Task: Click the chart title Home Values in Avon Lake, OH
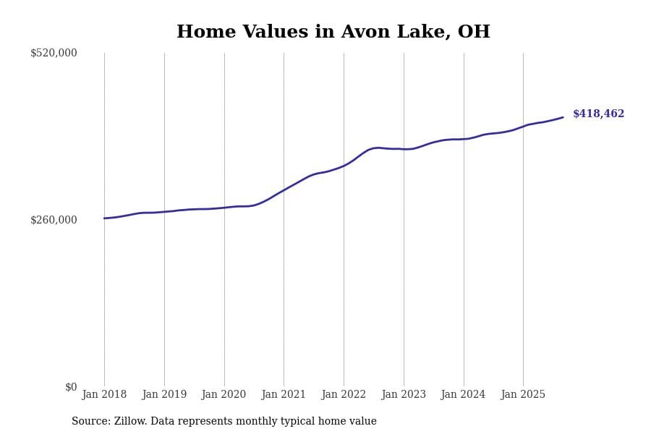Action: coord(333,33)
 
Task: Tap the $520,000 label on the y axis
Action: coord(54,53)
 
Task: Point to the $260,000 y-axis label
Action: coord(54,220)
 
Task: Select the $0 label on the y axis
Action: coord(71,387)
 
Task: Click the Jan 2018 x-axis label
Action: coord(104,395)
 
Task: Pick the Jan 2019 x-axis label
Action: coord(164,395)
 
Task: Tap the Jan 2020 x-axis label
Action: coord(224,395)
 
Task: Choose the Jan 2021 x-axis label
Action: coord(284,395)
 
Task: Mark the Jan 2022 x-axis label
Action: coord(344,395)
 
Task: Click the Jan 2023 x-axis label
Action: coord(404,395)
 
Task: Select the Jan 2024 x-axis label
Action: coord(464,395)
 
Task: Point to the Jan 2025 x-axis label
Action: coord(523,395)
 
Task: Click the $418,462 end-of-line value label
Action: coord(598,114)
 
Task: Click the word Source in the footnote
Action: coord(90,422)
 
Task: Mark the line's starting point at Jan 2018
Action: coord(104,218)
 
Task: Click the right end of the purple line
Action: coord(563,117)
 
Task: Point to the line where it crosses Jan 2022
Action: coord(344,166)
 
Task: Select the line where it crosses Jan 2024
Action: coord(464,139)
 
